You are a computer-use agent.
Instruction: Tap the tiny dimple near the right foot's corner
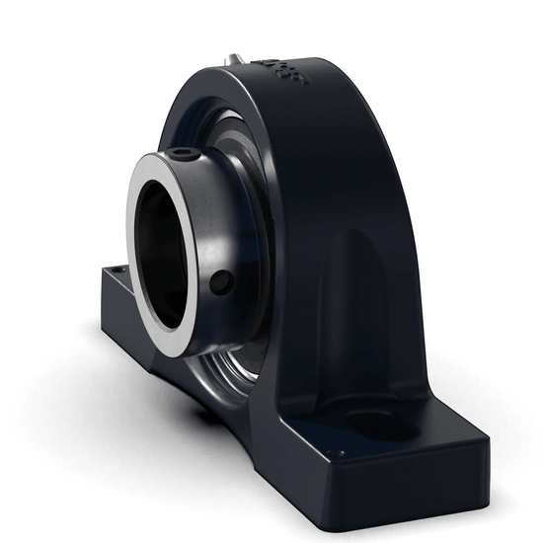click(332, 453)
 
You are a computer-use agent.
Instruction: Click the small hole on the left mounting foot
click(119, 267)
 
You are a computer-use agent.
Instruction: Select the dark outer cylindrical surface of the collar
click(212, 237)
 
